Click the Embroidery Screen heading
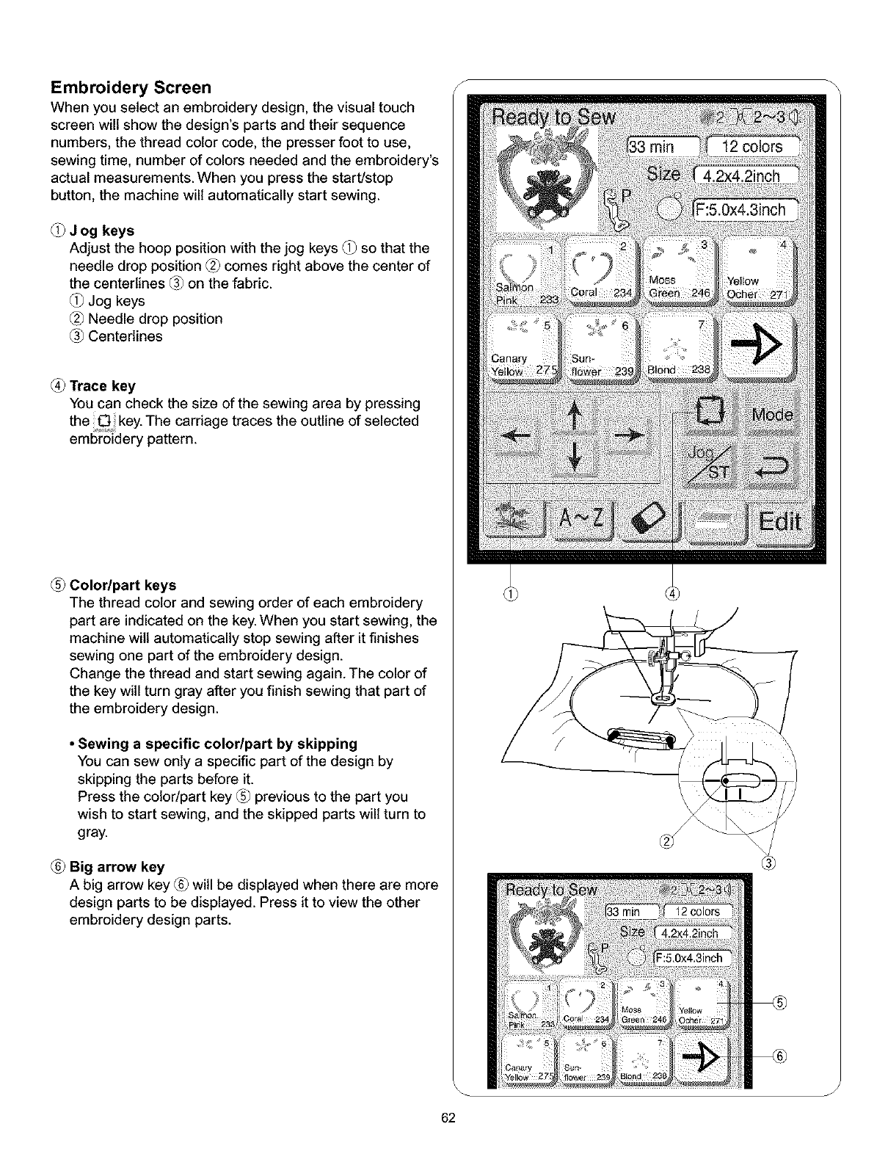pyautogui.click(x=131, y=88)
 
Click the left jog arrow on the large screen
pyautogui.click(x=514, y=436)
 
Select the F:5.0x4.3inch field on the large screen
pyautogui.click(x=745, y=211)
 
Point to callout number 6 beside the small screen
pyautogui.click(x=779, y=1056)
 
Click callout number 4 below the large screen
pyautogui.click(x=673, y=593)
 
